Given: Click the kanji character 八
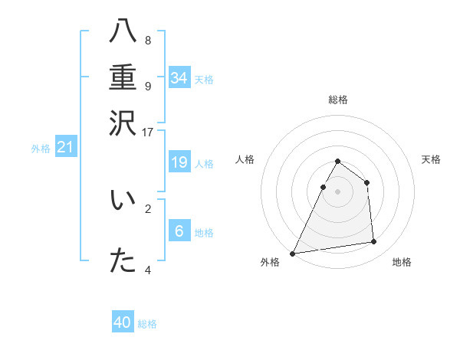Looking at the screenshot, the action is click(123, 32).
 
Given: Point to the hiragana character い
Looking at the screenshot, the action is click(123, 201).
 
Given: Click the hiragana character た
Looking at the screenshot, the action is click(123, 260).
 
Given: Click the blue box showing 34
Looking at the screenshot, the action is click(179, 78).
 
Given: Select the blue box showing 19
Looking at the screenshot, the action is click(179, 162).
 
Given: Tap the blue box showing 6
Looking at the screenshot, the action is click(179, 231).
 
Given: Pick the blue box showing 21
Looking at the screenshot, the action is click(65, 147).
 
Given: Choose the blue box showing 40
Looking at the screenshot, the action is click(123, 322).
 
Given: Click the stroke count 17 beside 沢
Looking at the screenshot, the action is click(147, 131).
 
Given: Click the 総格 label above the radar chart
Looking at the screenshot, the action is click(337, 100).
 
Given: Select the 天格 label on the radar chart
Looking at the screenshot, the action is click(431, 159).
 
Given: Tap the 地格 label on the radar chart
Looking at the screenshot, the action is click(402, 262).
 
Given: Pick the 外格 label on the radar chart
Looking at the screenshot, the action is click(270, 262).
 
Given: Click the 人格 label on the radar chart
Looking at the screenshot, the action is click(245, 159).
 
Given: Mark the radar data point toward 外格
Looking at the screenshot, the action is click(292, 254).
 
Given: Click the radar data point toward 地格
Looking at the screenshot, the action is click(374, 242).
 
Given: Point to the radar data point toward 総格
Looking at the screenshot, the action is click(337, 162).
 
